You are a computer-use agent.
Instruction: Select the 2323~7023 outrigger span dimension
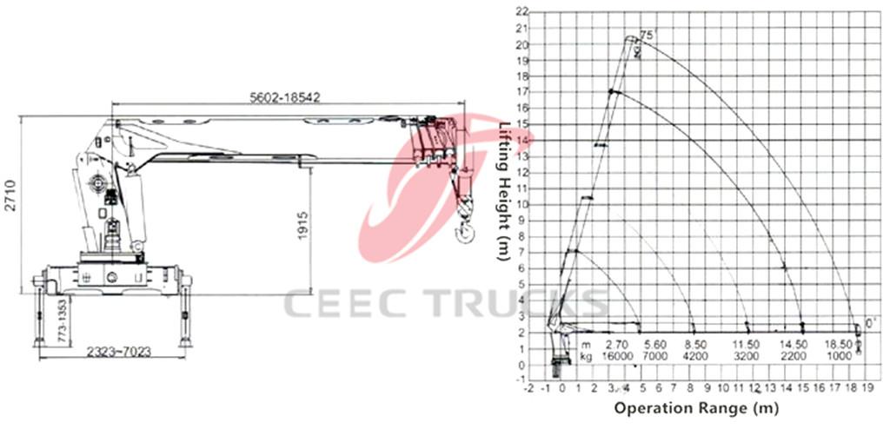(x=119, y=352)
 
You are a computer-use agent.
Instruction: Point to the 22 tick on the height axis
(x=522, y=12)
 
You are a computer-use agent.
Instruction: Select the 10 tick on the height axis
(x=522, y=204)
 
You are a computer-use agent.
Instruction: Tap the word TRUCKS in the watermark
(x=513, y=304)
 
